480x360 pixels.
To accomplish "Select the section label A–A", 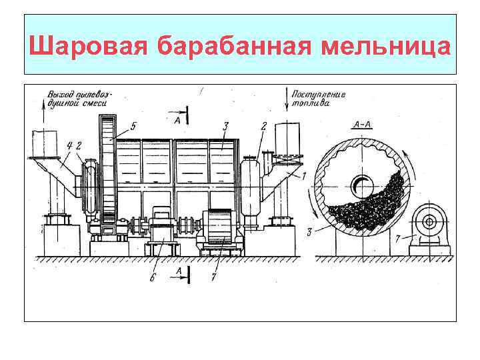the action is (360, 124).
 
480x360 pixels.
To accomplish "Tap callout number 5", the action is (134, 125).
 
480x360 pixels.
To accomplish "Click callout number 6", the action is (152, 277).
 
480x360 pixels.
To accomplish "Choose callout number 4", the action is (71, 145).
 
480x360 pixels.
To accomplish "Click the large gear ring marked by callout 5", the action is (107, 170).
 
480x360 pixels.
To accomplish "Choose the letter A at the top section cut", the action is (177, 120).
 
